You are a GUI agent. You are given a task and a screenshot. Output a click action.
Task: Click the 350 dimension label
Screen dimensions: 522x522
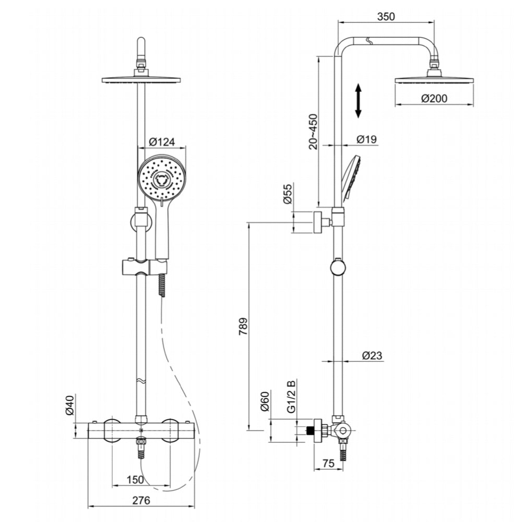click(386, 16)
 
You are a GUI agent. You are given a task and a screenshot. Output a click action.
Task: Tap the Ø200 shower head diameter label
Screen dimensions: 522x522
click(434, 98)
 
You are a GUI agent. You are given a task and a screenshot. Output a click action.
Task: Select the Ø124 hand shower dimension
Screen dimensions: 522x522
click(161, 141)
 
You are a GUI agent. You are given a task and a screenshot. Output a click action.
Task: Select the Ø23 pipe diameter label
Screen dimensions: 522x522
click(372, 355)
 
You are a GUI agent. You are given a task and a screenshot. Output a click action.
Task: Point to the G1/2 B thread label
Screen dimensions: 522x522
click(292, 398)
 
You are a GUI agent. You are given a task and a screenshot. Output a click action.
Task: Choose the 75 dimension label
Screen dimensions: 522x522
click(328, 464)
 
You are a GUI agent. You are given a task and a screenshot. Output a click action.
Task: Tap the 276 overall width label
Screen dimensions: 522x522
click(140, 500)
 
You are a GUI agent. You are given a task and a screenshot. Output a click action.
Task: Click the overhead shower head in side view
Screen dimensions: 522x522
click(434, 80)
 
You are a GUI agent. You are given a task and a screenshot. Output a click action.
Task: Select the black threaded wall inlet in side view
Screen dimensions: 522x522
click(312, 431)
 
